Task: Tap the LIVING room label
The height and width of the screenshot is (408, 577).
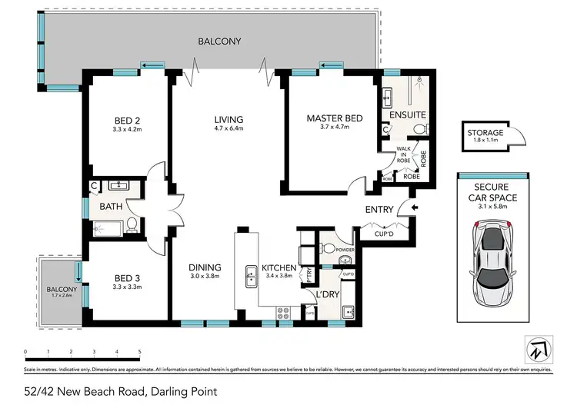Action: (228, 119)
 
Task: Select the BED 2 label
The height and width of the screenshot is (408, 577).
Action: (127, 120)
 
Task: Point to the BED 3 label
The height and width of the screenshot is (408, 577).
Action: (127, 278)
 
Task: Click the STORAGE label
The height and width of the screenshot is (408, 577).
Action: (484, 133)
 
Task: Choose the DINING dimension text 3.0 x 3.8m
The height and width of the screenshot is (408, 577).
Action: (205, 277)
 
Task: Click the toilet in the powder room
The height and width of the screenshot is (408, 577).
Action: (328, 247)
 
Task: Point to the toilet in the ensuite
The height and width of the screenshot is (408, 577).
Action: (419, 128)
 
